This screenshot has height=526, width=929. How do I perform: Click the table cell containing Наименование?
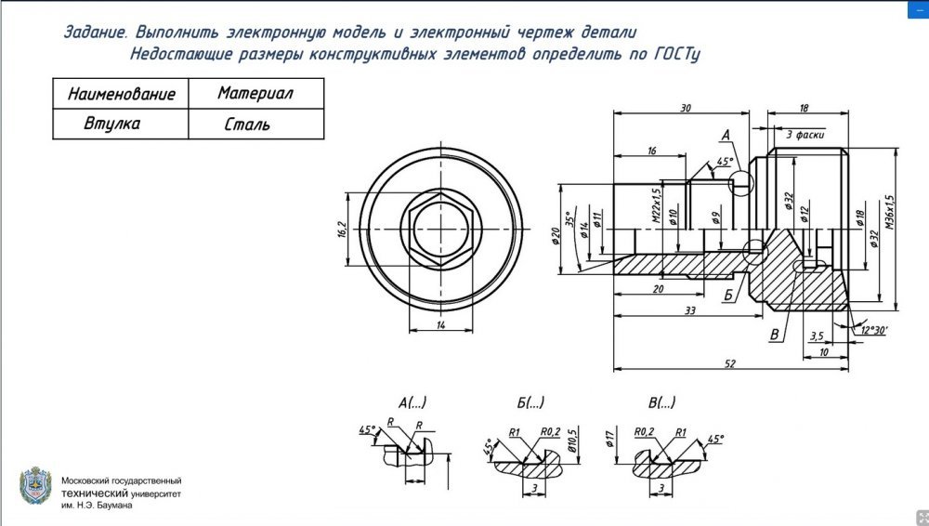tap(121, 94)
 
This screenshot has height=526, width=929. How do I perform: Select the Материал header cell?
tap(255, 94)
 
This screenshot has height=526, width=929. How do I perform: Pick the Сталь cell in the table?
tap(247, 125)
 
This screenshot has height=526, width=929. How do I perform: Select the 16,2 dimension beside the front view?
tap(341, 229)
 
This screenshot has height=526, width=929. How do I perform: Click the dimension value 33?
tap(689, 311)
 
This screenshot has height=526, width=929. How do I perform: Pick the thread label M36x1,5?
tap(889, 212)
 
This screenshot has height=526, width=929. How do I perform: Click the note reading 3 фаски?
tap(805, 134)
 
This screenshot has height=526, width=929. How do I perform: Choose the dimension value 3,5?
tap(818, 335)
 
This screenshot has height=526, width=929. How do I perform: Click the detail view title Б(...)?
tap(530, 402)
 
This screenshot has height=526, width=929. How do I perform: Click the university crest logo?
tap(36, 487)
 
